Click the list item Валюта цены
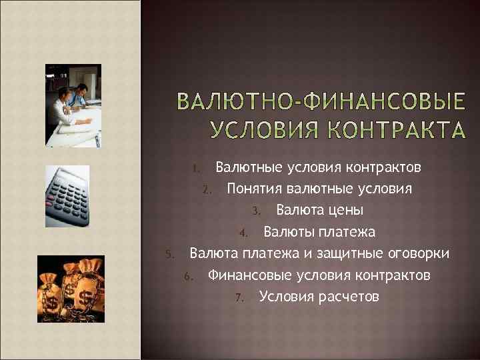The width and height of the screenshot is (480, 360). point(319,211)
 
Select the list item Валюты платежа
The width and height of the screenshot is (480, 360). point(319,232)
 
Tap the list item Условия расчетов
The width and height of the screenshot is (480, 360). point(319,296)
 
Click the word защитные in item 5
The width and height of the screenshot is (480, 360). point(353,254)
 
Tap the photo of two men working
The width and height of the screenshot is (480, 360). point(73,105)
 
